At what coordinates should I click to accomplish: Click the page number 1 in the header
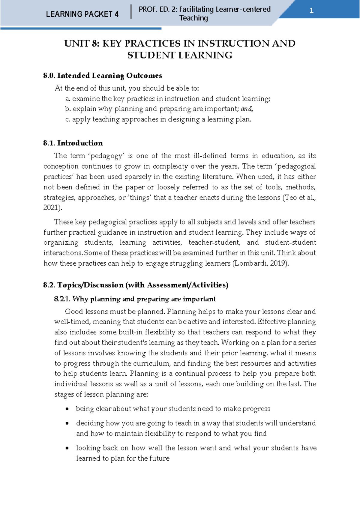coord(311,11)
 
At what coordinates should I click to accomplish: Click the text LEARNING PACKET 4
coord(82,14)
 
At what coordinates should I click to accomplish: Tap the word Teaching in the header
coord(193,18)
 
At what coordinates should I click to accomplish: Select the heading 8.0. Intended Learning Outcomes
coord(103,75)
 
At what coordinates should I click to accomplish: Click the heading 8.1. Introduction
coord(73,143)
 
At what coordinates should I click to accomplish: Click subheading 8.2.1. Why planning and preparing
coord(135,299)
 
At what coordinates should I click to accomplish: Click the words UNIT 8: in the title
coord(81,44)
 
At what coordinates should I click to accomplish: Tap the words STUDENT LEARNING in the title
coord(180,55)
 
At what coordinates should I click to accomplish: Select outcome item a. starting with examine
coord(168,99)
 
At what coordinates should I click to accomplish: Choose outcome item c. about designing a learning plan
coord(158,119)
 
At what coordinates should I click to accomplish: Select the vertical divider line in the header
coord(131,12)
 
